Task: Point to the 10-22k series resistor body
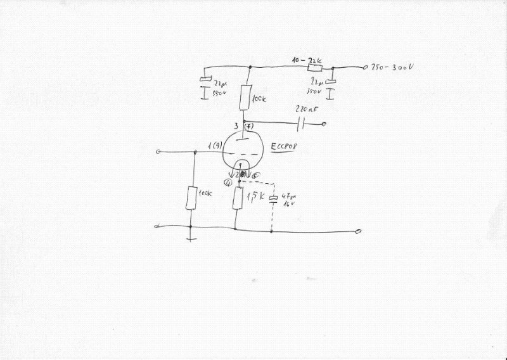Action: click(314, 67)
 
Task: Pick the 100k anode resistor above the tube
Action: click(245, 98)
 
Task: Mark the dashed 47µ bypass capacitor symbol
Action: click(273, 200)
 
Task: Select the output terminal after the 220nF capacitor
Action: click(325, 123)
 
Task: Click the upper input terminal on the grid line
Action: click(159, 151)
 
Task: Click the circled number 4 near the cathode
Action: click(227, 183)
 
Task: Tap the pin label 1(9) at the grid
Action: click(214, 149)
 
